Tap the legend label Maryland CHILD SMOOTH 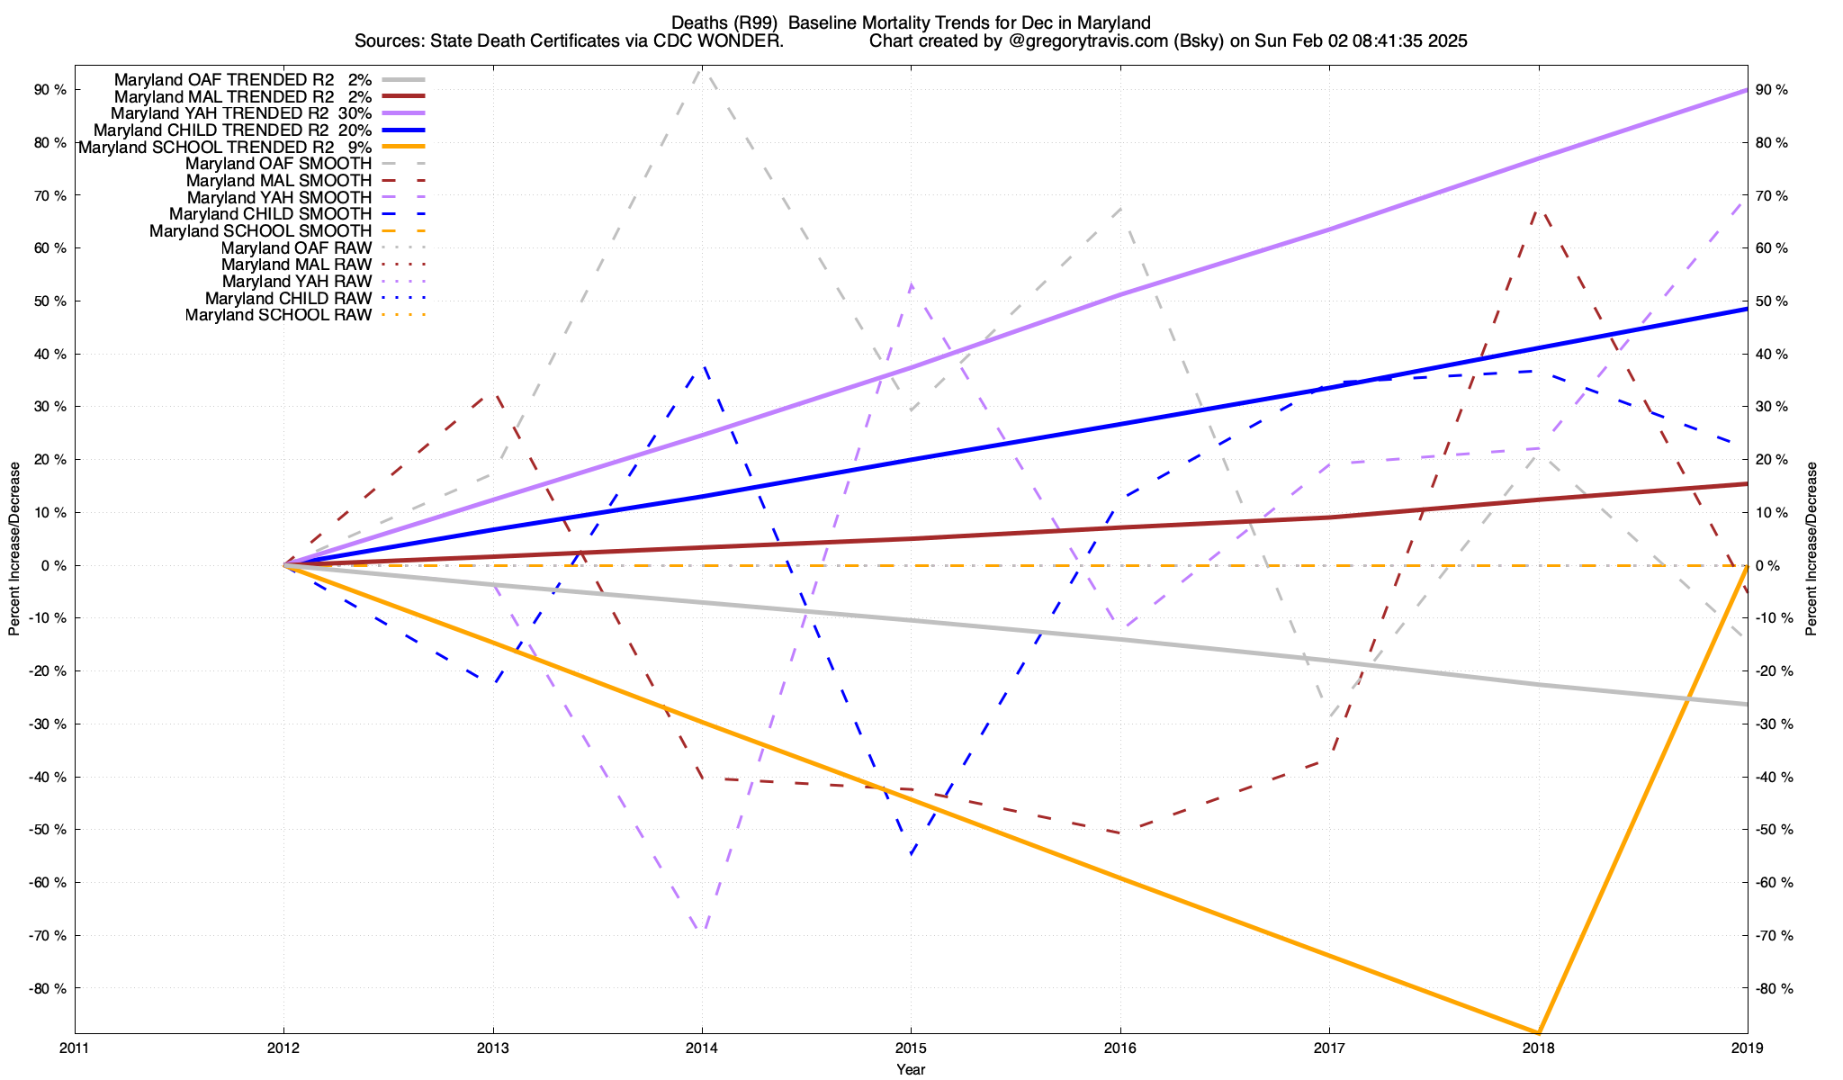(270, 214)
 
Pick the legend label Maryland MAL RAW (296, 265)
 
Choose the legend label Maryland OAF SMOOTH (278, 164)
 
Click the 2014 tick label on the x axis (701, 1048)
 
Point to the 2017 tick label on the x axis (1329, 1048)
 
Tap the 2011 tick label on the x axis (75, 1048)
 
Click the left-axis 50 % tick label (49, 301)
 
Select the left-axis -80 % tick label (48, 988)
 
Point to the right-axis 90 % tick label (1773, 90)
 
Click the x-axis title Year (911, 1069)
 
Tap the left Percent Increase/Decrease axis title (14, 549)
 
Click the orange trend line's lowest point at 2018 (1538, 1031)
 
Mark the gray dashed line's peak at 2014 (702, 69)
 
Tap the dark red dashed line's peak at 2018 (1538, 209)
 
